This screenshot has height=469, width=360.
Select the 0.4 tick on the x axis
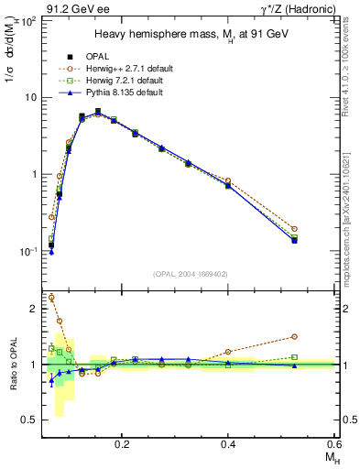[228, 442]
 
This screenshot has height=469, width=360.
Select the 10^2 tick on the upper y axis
[28, 20]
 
